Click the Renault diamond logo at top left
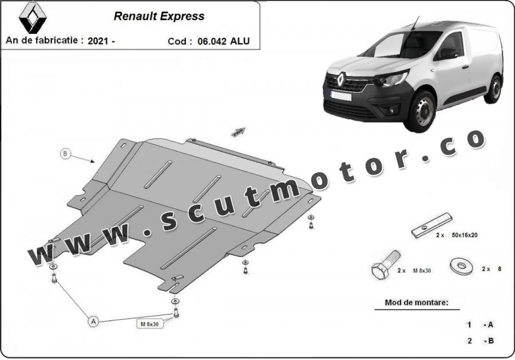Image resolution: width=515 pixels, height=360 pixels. (x=32, y=18)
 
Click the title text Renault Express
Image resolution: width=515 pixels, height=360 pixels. (x=159, y=16)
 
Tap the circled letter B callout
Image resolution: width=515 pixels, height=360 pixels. (x=66, y=153)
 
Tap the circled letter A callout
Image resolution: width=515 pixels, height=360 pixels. (x=92, y=322)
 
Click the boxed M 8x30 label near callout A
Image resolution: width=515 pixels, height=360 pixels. (x=150, y=324)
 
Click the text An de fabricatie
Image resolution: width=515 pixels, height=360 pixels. (x=45, y=41)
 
